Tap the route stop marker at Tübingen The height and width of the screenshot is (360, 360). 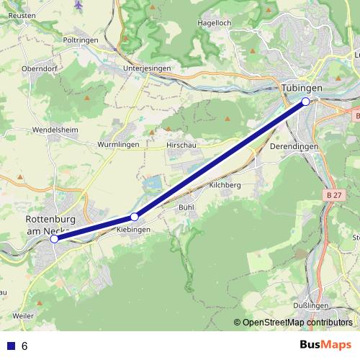click(x=306, y=102)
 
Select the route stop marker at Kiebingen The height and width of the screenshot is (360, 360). click(x=134, y=217)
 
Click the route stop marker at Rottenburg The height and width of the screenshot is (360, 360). click(x=55, y=239)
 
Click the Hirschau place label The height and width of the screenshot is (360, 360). click(x=181, y=145)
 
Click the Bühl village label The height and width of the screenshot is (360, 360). click(x=186, y=207)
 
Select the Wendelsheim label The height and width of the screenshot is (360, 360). click(x=54, y=130)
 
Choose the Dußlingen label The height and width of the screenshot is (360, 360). click(x=311, y=306)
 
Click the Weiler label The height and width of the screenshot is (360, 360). click(x=23, y=316)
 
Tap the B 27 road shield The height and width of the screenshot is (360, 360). click(x=333, y=195)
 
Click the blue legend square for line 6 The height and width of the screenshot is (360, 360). click(x=10, y=346)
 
